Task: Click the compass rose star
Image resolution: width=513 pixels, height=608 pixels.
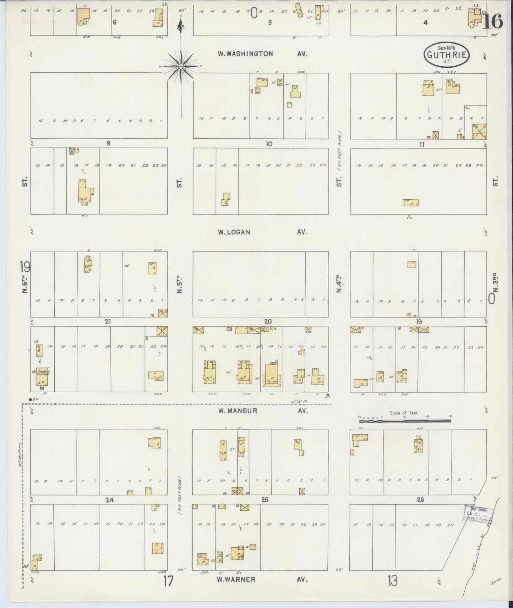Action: [x=181, y=66]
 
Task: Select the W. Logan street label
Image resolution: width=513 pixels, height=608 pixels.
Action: [x=234, y=232]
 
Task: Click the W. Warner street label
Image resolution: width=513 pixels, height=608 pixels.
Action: [x=236, y=579]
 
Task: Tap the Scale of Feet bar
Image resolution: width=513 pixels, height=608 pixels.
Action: [x=405, y=421]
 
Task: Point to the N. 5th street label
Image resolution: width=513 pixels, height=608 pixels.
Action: [x=179, y=285]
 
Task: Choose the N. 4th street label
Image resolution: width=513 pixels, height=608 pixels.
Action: [x=339, y=285]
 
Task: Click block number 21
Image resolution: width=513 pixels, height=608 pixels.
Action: [x=108, y=322]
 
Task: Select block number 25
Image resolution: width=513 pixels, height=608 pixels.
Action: [x=264, y=500]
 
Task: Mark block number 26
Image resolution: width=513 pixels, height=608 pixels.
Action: [x=420, y=500]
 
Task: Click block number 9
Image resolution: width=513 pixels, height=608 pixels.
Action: [x=108, y=143]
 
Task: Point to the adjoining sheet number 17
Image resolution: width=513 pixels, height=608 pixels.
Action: [x=168, y=581]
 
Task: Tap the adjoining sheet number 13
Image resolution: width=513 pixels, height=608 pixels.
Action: [x=393, y=581]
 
